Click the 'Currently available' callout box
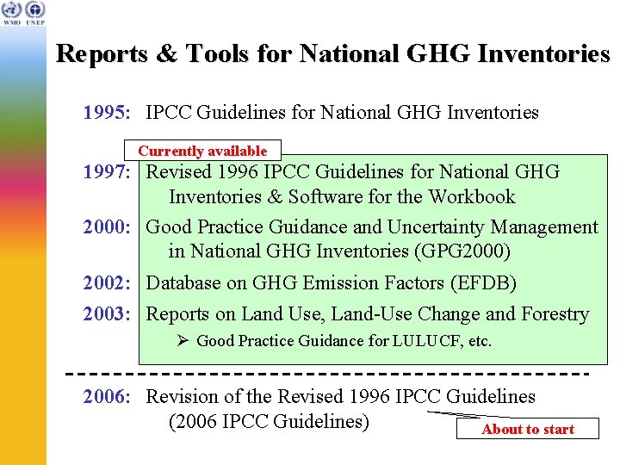click(x=202, y=151)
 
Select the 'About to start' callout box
click(x=527, y=429)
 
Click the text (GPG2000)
click(x=461, y=251)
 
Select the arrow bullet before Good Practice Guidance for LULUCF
click(x=183, y=341)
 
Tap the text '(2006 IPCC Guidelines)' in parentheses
click(x=269, y=422)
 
